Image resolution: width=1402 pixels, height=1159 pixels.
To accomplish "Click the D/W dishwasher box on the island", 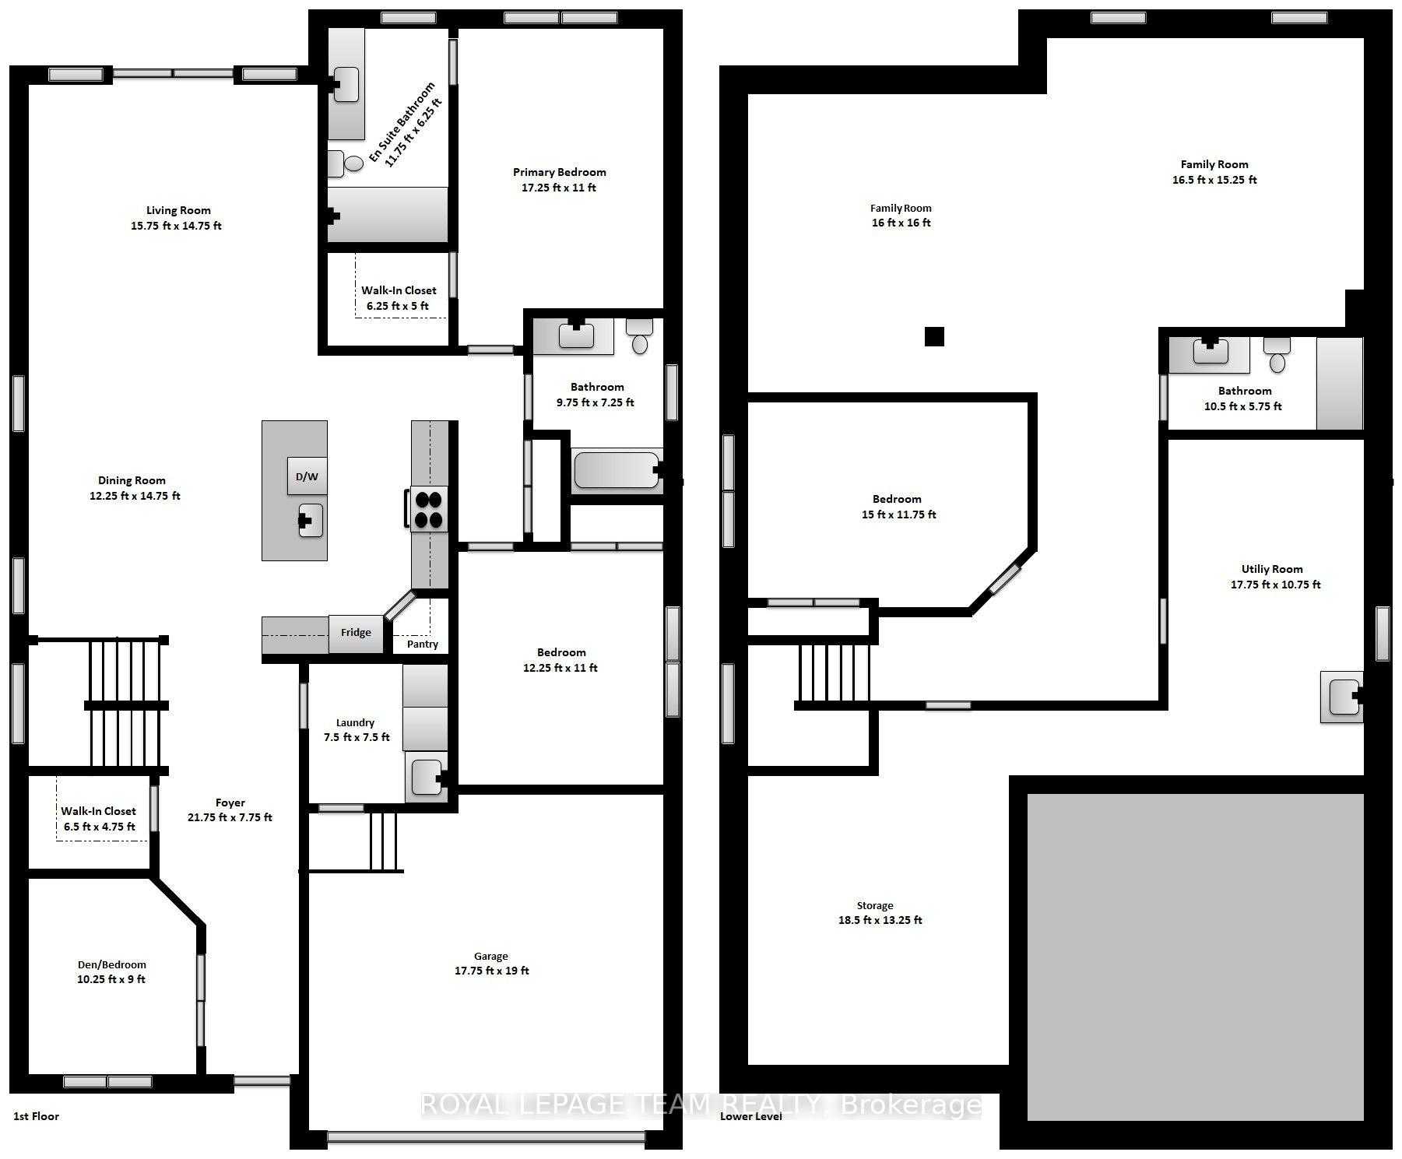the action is (307, 476).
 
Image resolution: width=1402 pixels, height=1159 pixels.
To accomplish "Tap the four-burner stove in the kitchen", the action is (427, 509).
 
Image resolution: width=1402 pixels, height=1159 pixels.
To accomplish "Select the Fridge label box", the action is (356, 632).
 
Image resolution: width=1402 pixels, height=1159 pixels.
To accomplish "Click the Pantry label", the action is (423, 644).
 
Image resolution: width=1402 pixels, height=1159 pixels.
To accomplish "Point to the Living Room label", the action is (178, 210).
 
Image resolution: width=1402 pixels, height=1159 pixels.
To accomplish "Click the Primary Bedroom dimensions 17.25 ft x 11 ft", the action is (559, 188).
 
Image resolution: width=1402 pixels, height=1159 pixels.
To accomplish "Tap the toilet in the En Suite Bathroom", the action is (345, 163).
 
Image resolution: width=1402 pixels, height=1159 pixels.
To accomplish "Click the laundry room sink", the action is (427, 776).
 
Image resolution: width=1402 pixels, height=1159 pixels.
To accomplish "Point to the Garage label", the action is (490, 956).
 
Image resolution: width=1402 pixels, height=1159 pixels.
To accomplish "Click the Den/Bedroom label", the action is (111, 964).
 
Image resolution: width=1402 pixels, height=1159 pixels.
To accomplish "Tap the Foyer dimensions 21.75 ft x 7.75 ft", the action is (230, 817).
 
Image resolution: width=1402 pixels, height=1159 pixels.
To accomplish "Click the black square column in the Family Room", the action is (934, 336).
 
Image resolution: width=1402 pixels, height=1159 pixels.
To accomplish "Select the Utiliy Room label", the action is (1272, 569).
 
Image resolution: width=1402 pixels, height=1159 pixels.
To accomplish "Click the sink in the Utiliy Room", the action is (1342, 696).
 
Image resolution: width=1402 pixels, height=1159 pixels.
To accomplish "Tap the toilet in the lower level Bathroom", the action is (1277, 355).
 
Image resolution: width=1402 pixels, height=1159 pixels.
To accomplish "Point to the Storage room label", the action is (875, 905).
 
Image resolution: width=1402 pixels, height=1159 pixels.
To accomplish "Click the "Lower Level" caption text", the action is (750, 1116).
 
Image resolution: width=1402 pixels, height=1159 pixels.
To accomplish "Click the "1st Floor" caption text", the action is (36, 1116).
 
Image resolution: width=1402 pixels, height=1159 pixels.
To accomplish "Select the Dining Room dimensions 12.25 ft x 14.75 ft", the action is (135, 496).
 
